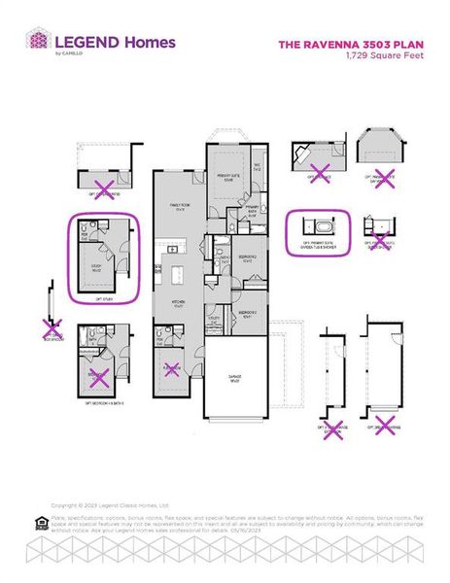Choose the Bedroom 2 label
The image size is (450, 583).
247,258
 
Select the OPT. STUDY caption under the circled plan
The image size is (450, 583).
104,299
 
